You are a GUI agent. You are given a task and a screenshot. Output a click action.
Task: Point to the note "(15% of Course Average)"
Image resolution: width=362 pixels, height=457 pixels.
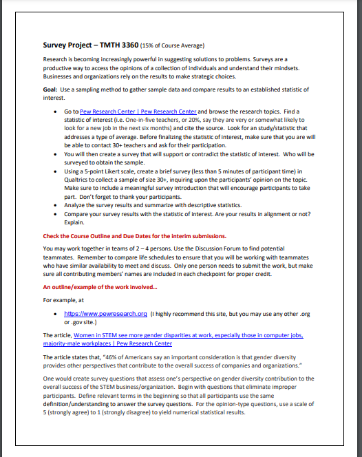click(172, 46)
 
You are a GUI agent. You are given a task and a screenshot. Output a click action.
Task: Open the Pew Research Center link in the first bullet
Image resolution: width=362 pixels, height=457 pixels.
click(138, 111)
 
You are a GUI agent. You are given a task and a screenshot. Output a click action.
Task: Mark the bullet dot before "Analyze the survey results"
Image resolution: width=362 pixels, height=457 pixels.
click(56, 205)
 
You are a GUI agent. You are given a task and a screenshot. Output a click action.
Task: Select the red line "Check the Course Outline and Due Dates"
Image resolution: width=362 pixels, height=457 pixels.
click(134, 236)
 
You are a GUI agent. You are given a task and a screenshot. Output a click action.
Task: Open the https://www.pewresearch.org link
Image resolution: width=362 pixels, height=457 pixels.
click(105, 314)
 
